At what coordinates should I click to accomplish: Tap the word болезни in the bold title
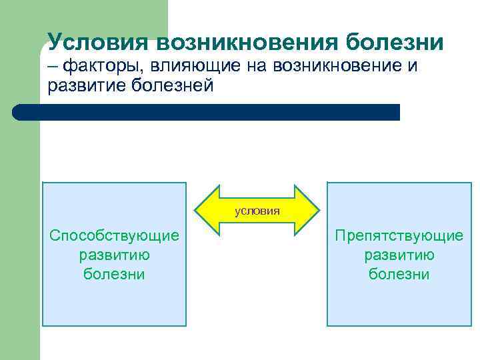[x=395, y=42]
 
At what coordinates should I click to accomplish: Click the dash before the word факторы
[x=53, y=66]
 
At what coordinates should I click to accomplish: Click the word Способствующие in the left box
[x=114, y=235]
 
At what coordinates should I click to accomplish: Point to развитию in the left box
[x=114, y=255]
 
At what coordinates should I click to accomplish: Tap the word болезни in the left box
[x=114, y=274]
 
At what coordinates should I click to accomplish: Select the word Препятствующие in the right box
[x=399, y=235]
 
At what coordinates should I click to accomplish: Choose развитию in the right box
[x=399, y=255]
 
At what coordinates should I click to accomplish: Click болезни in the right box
[x=399, y=274]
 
